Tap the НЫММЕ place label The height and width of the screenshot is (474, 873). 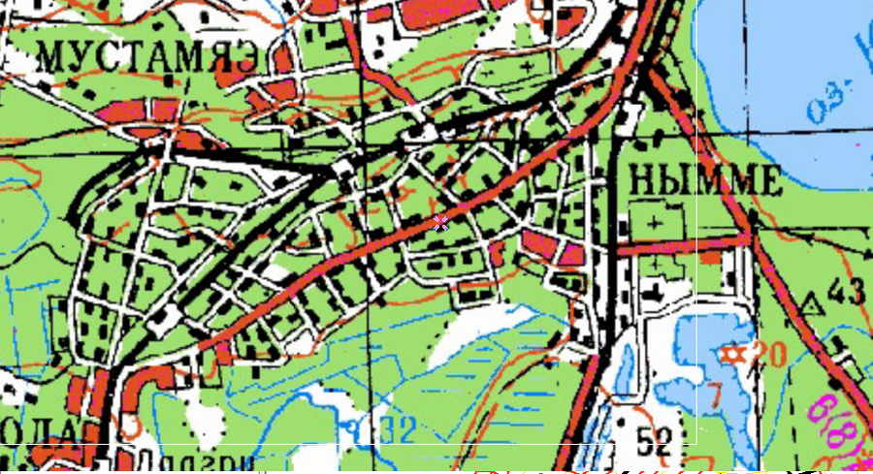coord(705,180)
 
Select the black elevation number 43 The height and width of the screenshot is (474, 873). coord(847,292)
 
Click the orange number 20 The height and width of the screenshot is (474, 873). coord(767,355)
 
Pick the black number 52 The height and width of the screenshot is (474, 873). coord(655,443)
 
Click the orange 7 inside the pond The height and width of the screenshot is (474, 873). coord(715,395)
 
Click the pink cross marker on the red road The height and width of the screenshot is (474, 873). coord(440,223)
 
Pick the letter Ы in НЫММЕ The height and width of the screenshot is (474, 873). coord(675,180)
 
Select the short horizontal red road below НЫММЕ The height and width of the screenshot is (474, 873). coord(679,247)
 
